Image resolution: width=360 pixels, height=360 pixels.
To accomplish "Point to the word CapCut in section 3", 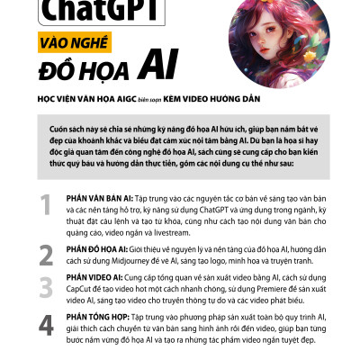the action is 83,289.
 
